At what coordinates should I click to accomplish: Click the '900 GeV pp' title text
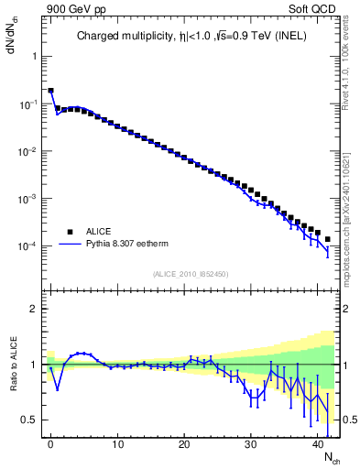point(65,8)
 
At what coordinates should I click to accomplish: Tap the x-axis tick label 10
point(117,444)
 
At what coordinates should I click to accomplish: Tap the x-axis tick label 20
point(184,444)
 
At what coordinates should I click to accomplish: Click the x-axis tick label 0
point(50,444)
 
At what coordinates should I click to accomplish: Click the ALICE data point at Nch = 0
point(50,91)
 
